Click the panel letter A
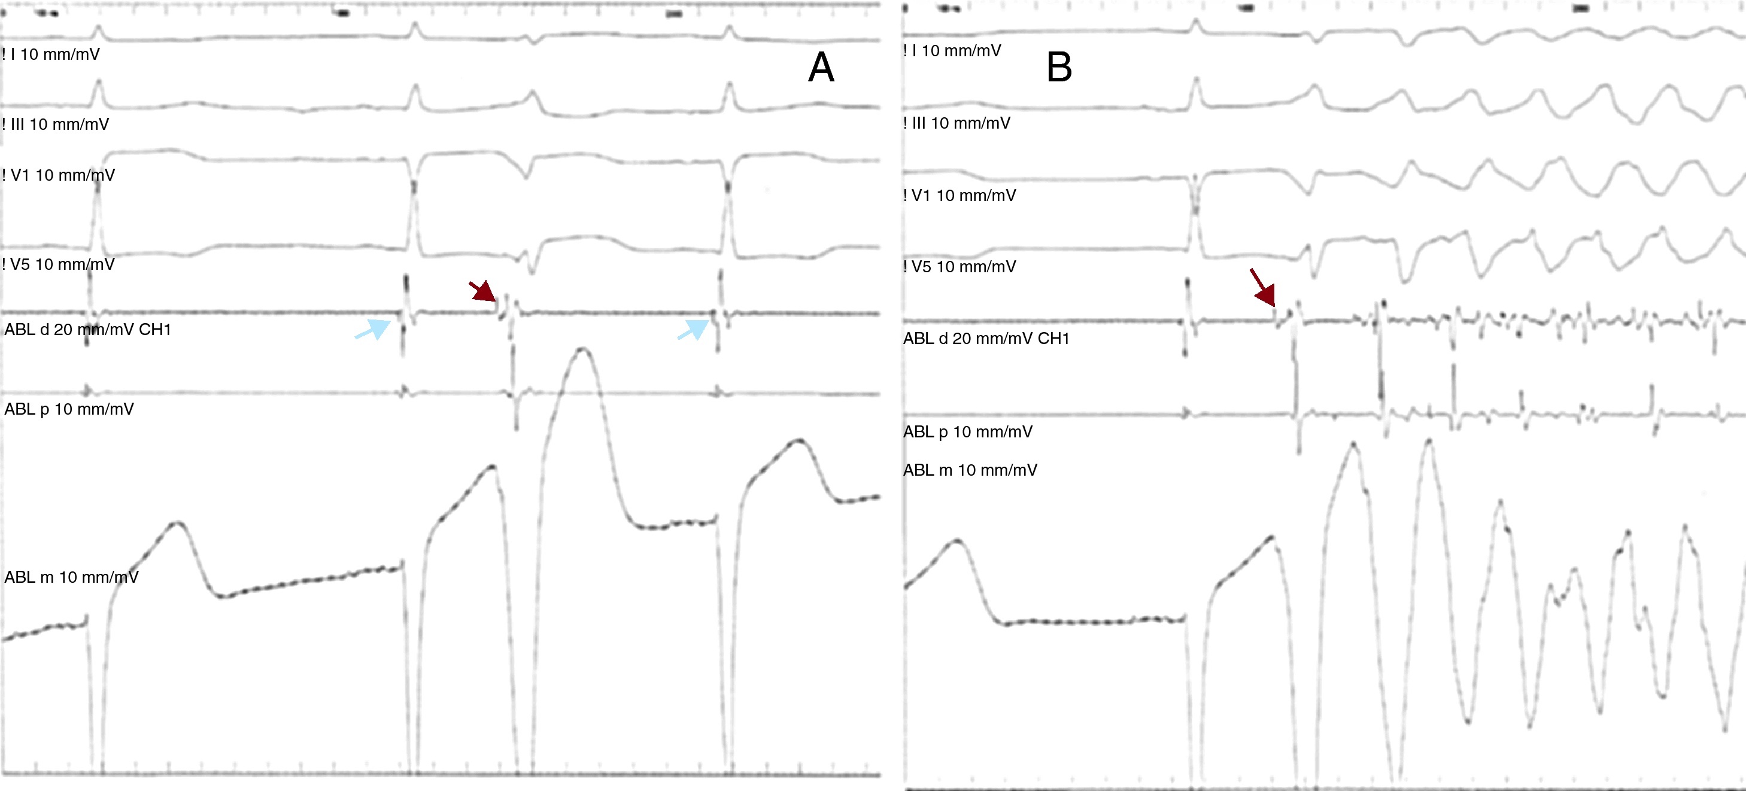point(821,67)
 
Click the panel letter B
point(1059,67)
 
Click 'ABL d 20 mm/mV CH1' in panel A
point(87,330)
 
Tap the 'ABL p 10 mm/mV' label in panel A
point(69,409)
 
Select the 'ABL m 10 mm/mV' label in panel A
point(71,577)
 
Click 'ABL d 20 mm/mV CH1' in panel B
point(986,338)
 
